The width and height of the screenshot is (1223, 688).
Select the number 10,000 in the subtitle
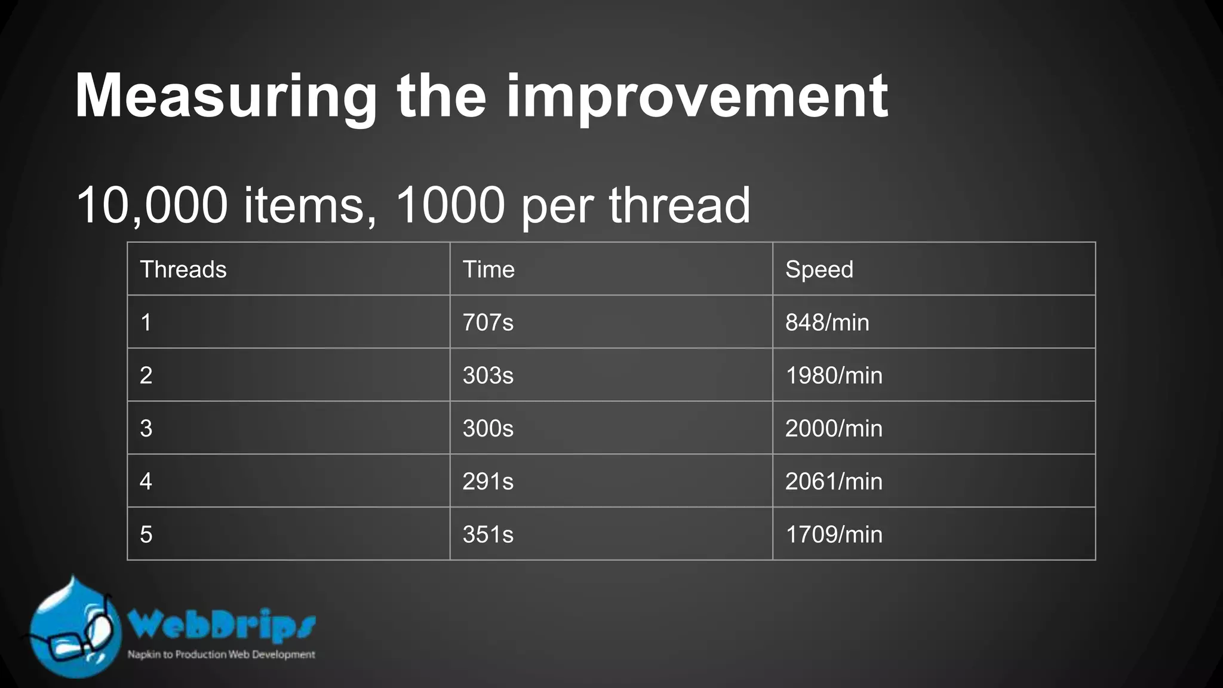coord(152,205)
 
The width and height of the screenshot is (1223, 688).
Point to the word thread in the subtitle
coord(679,205)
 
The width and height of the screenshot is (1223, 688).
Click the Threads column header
coord(183,269)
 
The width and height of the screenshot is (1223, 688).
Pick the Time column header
coord(488,269)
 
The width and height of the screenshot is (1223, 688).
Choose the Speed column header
coord(819,269)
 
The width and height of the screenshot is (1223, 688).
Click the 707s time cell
coord(488,322)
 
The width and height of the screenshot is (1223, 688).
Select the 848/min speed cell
coord(827,322)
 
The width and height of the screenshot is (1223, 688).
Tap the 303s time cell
coord(488,376)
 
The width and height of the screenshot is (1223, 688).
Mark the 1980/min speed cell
coord(834,376)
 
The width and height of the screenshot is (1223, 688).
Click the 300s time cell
coord(488,428)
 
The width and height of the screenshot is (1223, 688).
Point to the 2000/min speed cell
coord(834,428)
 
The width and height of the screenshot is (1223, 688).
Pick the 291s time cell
coord(488,481)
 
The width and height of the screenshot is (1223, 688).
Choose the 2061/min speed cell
coord(834,481)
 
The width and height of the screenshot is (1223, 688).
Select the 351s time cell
coord(488,535)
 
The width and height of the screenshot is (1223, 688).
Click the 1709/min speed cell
coord(834,535)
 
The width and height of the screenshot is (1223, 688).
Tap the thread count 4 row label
coord(146,481)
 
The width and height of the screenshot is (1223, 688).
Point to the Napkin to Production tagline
coord(221,655)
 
